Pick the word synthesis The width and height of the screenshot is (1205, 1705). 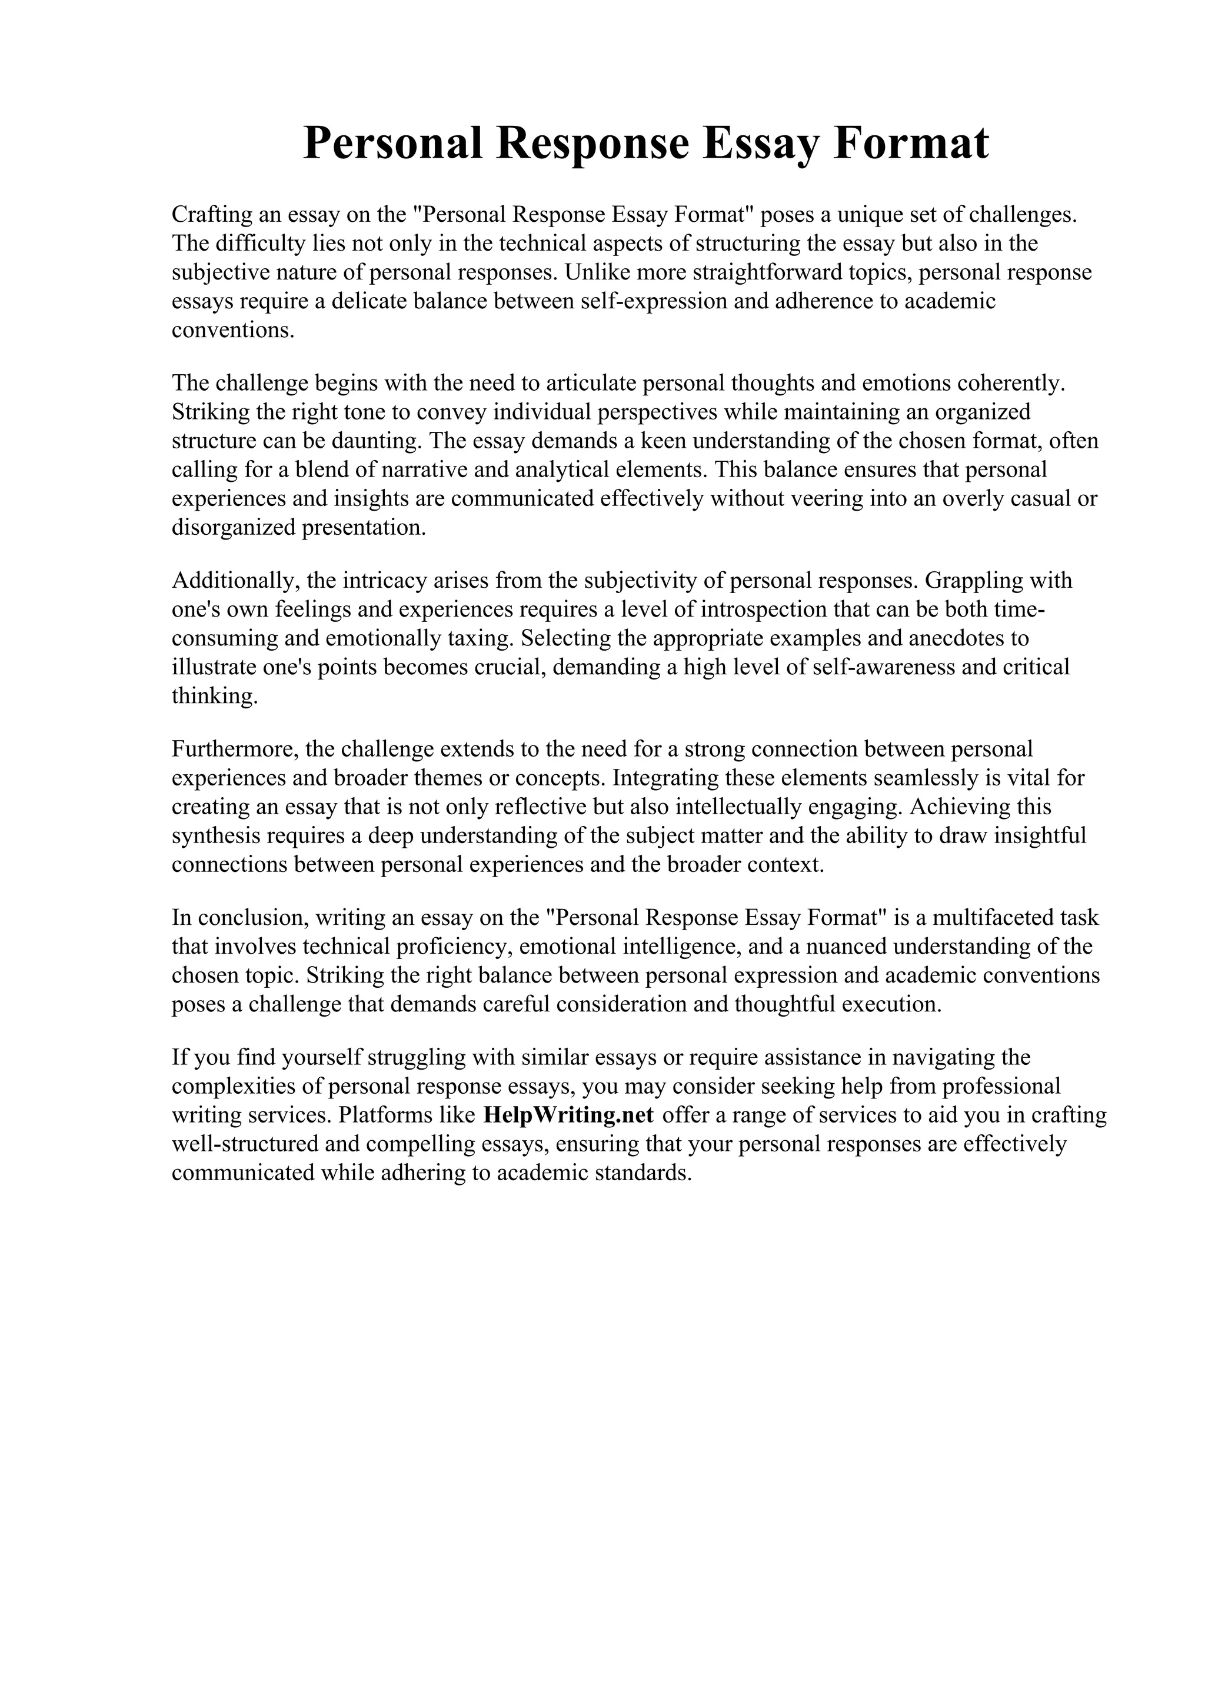[x=216, y=835]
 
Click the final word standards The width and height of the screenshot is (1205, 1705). [x=643, y=1173]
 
